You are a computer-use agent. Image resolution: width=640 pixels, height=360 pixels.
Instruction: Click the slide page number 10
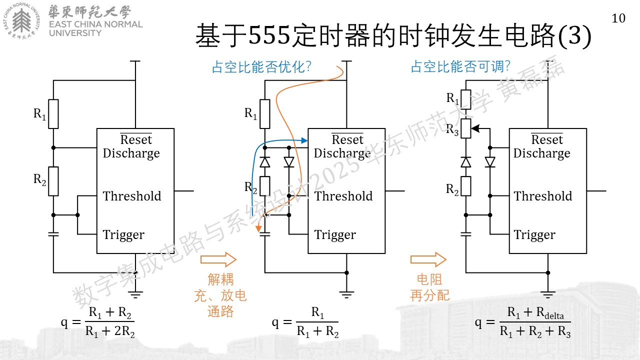(x=618, y=18)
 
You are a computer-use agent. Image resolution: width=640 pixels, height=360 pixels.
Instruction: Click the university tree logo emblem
(x=21, y=21)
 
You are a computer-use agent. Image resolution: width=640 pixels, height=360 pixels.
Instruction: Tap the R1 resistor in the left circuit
(x=53, y=114)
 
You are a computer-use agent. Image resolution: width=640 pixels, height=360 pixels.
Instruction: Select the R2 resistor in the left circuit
(x=53, y=181)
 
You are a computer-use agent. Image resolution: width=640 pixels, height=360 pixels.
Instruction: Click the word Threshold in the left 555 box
(x=132, y=196)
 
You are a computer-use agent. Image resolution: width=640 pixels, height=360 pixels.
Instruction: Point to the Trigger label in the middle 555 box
(x=335, y=235)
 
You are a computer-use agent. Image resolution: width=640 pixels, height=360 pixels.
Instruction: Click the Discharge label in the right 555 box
(x=541, y=153)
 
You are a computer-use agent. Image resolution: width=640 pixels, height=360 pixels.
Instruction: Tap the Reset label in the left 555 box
(x=136, y=139)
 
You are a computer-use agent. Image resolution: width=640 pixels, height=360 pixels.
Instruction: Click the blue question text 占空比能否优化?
(x=261, y=67)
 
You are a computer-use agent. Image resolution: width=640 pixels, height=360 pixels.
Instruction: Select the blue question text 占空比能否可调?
(x=460, y=66)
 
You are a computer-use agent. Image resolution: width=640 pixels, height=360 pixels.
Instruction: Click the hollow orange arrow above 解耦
(x=218, y=259)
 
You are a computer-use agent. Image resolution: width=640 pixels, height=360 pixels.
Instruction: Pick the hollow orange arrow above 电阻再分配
(x=428, y=259)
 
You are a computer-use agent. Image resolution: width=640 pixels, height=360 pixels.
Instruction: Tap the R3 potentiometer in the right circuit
(x=466, y=128)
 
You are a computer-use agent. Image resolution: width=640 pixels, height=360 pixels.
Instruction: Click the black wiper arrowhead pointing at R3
(x=475, y=128)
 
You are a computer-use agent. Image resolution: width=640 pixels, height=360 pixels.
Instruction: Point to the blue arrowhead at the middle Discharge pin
(x=304, y=140)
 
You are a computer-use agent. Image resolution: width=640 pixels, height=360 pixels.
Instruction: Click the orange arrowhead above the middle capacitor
(x=258, y=228)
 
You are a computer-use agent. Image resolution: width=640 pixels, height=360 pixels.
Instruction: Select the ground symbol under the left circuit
(x=135, y=295)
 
